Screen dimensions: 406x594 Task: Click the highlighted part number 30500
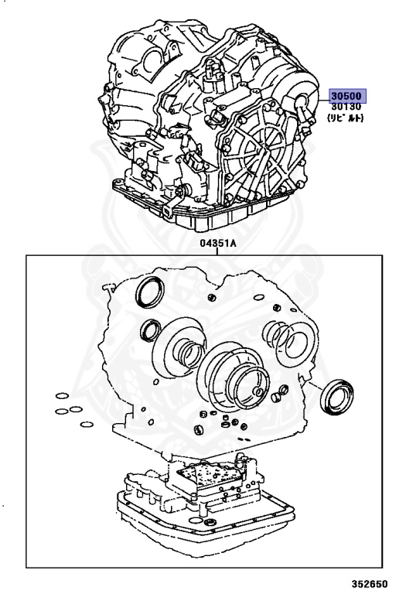(346, 96)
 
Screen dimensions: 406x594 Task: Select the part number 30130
(346, 107)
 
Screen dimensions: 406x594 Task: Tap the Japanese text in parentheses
(346, 118)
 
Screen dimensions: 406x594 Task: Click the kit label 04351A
(218, 243)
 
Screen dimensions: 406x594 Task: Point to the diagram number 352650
(370, 584)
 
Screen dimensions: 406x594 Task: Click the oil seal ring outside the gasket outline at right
(336, 397)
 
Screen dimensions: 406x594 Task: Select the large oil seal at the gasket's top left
(150, 292)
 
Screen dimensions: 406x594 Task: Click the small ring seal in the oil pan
(210, 523)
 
